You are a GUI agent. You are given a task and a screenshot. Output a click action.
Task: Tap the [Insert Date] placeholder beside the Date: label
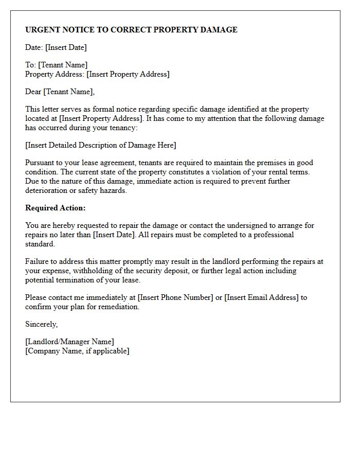pyautogui.click(x=66, y=47)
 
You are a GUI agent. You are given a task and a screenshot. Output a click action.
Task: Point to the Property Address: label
pyautogui.click(x=55, y=74)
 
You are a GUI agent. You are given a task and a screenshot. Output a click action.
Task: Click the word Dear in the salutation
pyautogui.click(x=33, y=92)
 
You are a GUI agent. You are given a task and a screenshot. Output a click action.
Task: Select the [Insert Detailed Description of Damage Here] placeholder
pyautogui.click(x=100, y=145)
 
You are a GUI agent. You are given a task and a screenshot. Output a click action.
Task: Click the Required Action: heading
pyautogui.click(x=56, y=208)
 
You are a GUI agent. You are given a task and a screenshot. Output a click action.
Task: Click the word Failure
pyautogui.click(x=37, y=261)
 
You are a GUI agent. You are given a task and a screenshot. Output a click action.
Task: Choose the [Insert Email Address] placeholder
pyautogui.click(x=262, y=297)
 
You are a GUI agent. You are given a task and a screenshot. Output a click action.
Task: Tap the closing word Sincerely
pyautogui.click(x=41, y=324)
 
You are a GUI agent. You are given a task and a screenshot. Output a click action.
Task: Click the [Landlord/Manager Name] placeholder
pyautogui.click(x=69, y=342)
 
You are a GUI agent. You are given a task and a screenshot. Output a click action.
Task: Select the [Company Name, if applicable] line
pyautogui.click(x=77, y=351)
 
